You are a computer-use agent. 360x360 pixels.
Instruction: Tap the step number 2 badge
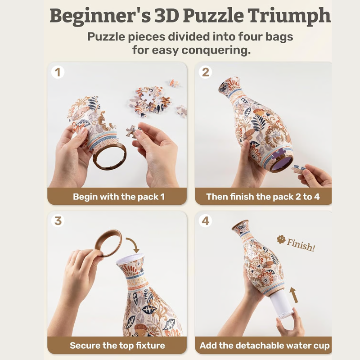coord(206,72)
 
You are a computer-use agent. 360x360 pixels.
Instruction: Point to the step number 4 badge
coord(206,221)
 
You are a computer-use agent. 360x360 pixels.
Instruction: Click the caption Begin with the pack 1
coord(119,197)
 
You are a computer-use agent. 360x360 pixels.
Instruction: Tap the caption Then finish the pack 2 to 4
coord(263,197)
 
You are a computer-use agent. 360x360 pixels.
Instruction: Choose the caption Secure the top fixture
coord(117,346)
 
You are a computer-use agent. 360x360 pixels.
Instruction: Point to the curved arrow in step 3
coord(134,246)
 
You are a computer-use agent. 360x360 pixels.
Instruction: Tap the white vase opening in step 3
coord(130,262)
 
